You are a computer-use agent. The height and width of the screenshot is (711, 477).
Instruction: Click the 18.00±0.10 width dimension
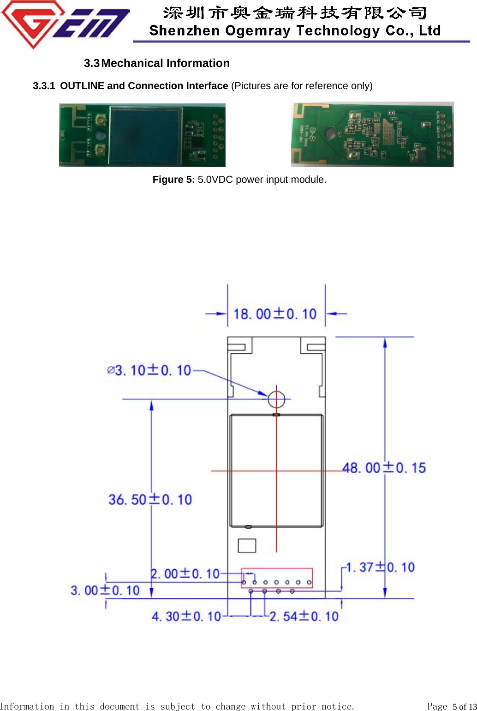275,314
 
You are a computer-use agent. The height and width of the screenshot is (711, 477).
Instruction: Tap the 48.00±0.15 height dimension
384,468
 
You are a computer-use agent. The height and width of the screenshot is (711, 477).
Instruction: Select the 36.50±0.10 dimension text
150,500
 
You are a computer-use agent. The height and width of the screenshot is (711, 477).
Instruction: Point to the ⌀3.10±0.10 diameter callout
149,370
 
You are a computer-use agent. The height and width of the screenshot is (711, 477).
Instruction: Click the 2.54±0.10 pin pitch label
304,616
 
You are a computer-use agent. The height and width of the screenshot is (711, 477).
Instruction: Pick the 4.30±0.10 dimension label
186,616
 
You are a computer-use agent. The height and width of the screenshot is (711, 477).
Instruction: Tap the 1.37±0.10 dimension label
380,567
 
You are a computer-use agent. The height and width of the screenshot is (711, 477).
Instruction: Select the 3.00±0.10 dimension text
105,590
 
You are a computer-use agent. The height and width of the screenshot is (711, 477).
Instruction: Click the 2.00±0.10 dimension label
185,574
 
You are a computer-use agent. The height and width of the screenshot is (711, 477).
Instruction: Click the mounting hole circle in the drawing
276,399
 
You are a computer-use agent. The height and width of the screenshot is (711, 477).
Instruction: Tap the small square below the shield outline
247,546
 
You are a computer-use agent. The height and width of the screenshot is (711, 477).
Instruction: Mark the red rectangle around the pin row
277,578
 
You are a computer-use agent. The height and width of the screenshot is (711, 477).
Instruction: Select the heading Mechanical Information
165,63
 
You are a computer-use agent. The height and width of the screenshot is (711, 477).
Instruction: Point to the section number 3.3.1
44,86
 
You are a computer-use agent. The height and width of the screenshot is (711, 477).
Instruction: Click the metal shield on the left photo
145,135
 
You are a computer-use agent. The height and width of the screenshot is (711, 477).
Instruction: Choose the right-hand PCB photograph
372,134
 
